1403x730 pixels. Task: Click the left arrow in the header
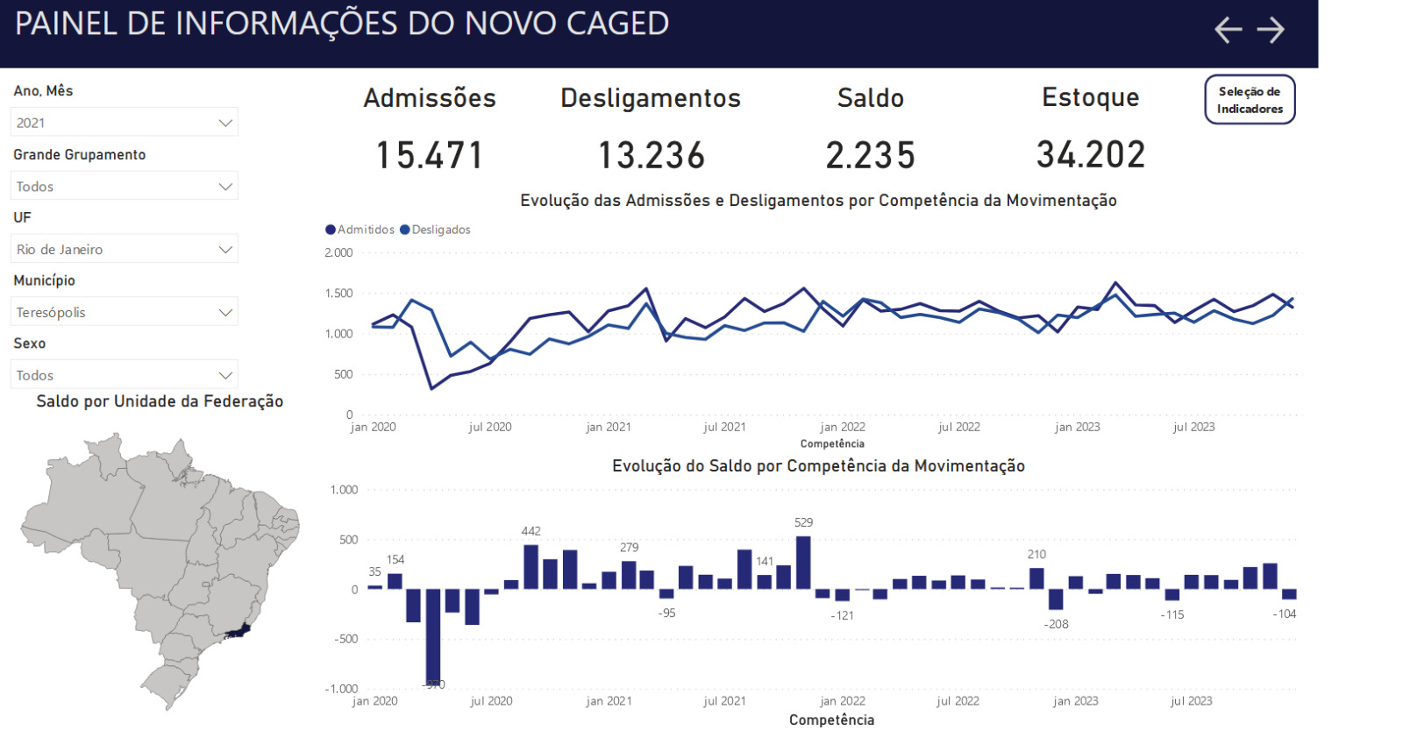(1228, 30)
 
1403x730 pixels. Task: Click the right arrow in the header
(1271, 30)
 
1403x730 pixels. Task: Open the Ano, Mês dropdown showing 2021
(125, 123)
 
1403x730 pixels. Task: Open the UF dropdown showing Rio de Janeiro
(125, 249)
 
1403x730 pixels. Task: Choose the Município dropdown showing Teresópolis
(125, 312)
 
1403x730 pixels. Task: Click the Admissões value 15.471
(430, 156)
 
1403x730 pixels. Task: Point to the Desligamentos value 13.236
(651, 156)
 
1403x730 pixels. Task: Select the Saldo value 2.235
(870, 156)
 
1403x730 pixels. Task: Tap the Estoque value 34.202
(1091, 155)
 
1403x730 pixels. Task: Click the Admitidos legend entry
(360, 230)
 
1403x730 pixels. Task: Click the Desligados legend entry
(436, 230)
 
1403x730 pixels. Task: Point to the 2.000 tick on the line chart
(338, 252)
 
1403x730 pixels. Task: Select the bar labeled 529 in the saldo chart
(803, 563)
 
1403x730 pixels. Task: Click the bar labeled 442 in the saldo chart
(531, 566)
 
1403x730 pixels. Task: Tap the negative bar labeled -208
(1056, 599)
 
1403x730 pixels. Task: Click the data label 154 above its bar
(395, 559)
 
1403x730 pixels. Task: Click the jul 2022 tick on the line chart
(958, 427)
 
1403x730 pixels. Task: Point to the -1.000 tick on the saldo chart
(341, 689)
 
